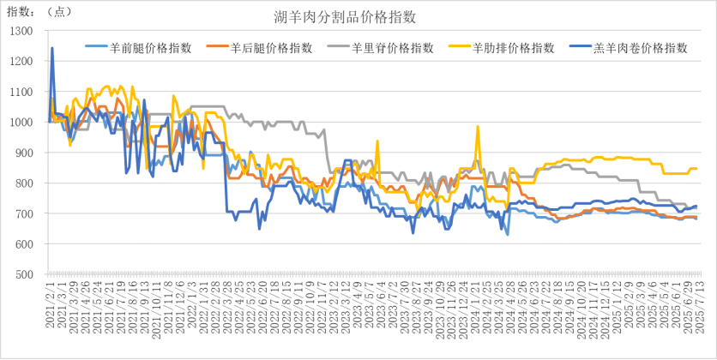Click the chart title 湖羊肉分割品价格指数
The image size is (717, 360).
coord(358,17)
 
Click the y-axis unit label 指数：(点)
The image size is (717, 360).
coord(39,10)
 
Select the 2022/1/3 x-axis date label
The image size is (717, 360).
coord(191,315)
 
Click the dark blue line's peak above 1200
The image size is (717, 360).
coord(52,48)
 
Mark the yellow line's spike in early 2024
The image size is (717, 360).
coord(478,127)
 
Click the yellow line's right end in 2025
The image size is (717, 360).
coord(696,168)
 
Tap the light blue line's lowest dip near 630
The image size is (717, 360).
coord(508,234)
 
